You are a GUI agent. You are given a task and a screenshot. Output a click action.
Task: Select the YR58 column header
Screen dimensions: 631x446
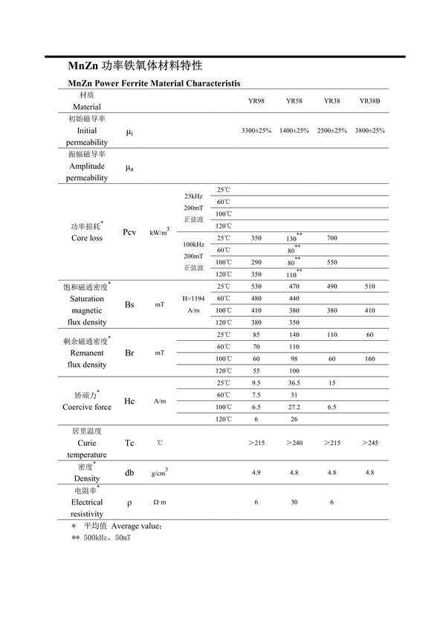click(x=294, y=100)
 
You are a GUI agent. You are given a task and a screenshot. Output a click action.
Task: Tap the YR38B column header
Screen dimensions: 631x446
click(x=369, y=100)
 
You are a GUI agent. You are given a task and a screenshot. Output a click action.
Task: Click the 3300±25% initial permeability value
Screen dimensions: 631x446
click(x=256, y=130)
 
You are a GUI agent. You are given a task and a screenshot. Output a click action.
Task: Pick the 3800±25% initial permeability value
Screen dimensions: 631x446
click(x=369, y=130)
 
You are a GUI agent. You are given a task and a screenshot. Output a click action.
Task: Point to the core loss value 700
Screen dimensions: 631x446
click(x=332, y=238)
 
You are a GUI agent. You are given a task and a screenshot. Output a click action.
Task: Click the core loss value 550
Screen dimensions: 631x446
click(x=332, y=262)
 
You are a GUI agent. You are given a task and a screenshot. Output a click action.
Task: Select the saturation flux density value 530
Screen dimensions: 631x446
click(x=256, y=286)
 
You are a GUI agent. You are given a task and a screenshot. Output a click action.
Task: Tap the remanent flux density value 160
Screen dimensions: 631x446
click(x=369, y=359)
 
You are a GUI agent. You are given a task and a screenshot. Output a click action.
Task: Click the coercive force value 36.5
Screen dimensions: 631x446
click(x=294, y=383)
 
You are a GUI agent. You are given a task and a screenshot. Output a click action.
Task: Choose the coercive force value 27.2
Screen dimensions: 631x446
click(x=294, y=407)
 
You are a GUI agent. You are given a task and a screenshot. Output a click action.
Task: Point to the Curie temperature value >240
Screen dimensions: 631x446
click(x=294, y=443)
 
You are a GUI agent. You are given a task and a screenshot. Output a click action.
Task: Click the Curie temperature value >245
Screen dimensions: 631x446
click(x=369, y=443)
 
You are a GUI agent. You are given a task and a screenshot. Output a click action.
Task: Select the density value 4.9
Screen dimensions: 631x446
click(x=256, y=473)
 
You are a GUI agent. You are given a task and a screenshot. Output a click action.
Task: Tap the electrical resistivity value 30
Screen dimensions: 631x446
click(x=294, y=502)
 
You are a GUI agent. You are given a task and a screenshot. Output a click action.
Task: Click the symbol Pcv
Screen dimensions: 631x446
click(x=130, y=232)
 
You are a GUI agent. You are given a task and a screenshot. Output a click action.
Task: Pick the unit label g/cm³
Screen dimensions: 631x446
click(x=159, y=473)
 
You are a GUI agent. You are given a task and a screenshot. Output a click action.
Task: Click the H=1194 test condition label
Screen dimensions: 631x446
click(x=193, y=298)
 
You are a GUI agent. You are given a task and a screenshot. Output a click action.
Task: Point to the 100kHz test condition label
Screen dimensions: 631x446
click(x=193, y=243)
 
